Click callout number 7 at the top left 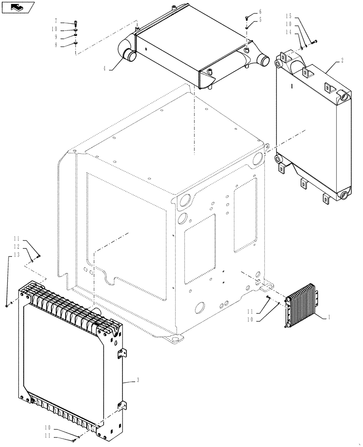[x=56, y=21]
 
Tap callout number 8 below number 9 [x=56, y=45]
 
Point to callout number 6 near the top [x=260, y=12]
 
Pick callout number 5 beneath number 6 [x=260, y=20]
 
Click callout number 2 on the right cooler [x=329, y=59]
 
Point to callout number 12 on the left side [x=16, y=247]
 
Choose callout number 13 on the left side [x=16, y=254]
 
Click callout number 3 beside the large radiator [x=138, y=380]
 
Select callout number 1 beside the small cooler [x=329, y=317]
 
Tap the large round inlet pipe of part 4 [x=130, y=55]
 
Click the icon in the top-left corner [x=18, y=7]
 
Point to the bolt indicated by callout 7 [x=76, y=24]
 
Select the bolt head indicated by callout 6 [x=247, y=17]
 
